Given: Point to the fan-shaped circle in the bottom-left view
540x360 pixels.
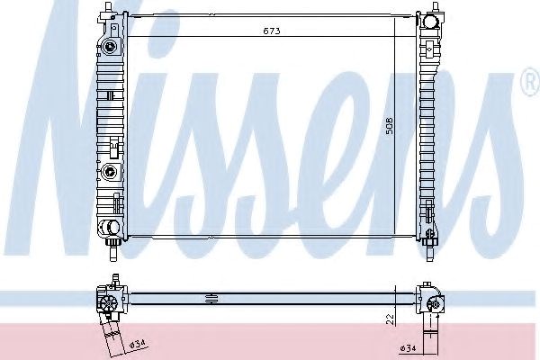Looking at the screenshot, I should point(109,303).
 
